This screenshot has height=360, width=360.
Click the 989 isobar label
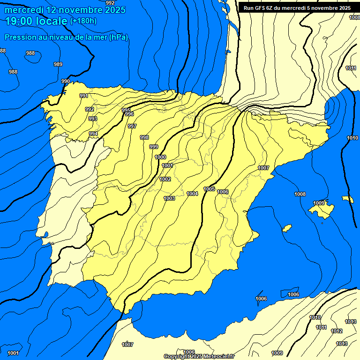click(58, 64)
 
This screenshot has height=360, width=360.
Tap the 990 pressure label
click(66, 81)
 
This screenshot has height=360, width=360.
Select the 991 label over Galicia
click(84, 96)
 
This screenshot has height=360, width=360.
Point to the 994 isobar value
click(93, 134)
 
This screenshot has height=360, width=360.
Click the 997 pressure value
click(132, 126)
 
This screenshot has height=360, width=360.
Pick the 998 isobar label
click(144, 137)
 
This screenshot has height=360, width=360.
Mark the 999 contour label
click(154, 147)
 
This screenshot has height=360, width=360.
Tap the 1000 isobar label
click(160, 157)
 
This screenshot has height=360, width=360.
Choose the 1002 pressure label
click(165, 179)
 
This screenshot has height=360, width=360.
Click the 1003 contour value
click(169, 198)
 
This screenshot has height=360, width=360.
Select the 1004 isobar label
click(192, 194)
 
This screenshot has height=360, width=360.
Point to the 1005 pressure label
click(209, 189)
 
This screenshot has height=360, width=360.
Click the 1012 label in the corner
click(337, 331)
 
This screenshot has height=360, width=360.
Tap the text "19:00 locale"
click(37, 21)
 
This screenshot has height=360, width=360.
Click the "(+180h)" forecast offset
click(83, 21)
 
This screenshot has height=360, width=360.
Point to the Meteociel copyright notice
click(199, 356)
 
